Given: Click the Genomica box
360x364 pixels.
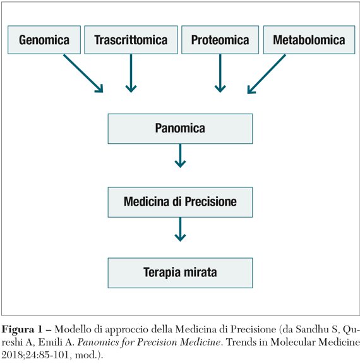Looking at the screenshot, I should (44, 40).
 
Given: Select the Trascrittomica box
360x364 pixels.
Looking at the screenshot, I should (131, 40).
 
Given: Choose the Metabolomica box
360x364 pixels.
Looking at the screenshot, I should (309, 40).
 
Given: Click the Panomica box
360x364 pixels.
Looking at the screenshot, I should (180, 129).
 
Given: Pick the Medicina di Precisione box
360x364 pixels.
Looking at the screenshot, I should (180, 202).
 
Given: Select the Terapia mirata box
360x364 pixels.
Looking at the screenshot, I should (180, 273).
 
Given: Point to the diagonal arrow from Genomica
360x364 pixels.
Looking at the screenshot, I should (83, 74).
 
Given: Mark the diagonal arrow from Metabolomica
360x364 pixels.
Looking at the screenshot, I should (267, 74).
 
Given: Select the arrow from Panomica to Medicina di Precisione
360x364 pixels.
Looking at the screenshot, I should (180, 156).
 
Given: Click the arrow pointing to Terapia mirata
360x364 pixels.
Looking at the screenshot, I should (180, 229).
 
